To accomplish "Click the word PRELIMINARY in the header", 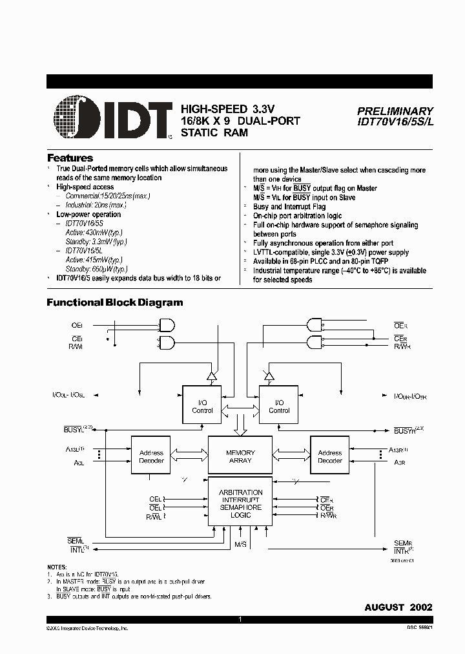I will click(x=395, y=111).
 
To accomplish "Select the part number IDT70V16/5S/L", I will click(x=395, y=122).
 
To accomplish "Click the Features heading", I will click(x=70, y=158).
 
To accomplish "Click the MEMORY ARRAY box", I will click(x=240, y=456).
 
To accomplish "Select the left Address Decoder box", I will click(x=151, y=456).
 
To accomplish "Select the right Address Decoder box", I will click(x=329, y=456).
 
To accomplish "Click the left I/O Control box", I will click(x=202, y=406).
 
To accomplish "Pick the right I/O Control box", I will click(x=279, y=406).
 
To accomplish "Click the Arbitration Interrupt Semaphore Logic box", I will click(x=240, y=503).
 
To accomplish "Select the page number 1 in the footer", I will click(x=240, y=619).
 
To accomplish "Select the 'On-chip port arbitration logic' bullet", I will click(x=298, y=216).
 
